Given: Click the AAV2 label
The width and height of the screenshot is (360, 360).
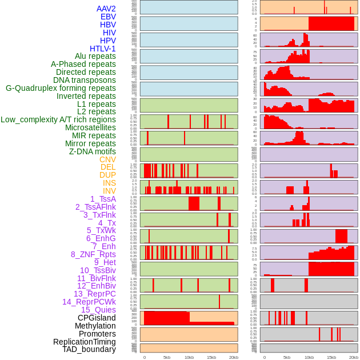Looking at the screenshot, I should pyautogui.click(x=106, y=9).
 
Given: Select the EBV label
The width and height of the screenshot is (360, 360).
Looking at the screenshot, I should pyautogui.click(x=108, y=17).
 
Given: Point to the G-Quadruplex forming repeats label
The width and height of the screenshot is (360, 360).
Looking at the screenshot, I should pyautogui.click(x=61, y=88).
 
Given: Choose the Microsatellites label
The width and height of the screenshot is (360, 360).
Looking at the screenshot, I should pyautogui.click(x=90, y=127).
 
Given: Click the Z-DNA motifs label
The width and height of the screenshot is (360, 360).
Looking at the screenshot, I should pyautogui.click(x=93, y=151).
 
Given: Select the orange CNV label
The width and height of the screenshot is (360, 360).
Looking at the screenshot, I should pyautogui.click(x=107, y=159).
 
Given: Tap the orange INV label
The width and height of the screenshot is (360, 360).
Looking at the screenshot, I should pyautogui.click(x=109, y=191).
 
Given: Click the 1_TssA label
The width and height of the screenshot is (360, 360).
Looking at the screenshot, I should pyautogui.click(x=103, y=199).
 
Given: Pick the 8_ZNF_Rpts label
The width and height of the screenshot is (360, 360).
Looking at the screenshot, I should pyautogui.click(x=93, y=254).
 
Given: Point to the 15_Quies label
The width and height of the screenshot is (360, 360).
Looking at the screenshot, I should pyautogui.click(x=98, y=310).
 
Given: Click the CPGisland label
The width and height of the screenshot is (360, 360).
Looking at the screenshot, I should pyautogui.click(x=97, y=318).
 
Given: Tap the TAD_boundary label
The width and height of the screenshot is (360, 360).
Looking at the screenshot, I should pyautogui.click(x=89, y=349).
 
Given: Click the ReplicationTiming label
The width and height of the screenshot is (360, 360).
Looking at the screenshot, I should pyautogui.click(x=85, y=342).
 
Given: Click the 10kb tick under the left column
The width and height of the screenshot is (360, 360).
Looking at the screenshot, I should pyautogui.click(x=189, y=357).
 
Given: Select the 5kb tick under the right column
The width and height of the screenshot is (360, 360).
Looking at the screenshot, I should pyautogui.click(x=286, y=357).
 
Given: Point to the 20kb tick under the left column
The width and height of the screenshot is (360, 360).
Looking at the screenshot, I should pyautogui.click(x=234, y=357).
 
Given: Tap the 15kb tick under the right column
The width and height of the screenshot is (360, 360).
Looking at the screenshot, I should pyautogui.click(x=331, y=357).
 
